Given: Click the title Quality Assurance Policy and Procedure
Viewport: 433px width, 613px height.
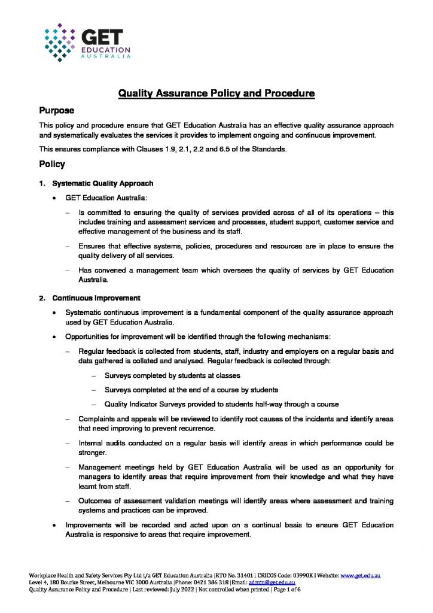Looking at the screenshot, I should (x=216, y=93).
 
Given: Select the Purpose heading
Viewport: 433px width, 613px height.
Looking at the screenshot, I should (x=57, y=111).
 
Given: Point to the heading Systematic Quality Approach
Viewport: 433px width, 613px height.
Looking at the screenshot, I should (x=102, y=183).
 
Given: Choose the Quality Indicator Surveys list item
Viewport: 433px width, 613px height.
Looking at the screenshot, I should (x=221, y=404).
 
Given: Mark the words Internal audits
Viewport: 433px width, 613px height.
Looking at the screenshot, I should (x=100, y=443).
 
